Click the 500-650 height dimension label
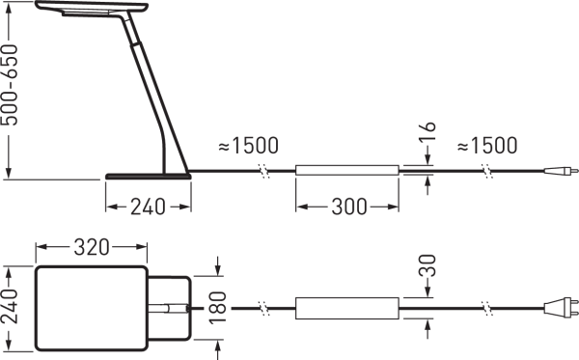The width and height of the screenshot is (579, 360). (10, 85)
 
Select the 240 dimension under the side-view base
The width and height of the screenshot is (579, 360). (148, 207)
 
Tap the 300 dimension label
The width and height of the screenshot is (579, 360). (349, 207)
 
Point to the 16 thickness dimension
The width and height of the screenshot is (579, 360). (427, 131)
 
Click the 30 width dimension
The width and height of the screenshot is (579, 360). (427, 265)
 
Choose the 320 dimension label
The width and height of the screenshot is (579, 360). (92, 247)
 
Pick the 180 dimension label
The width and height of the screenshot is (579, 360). (217, 308)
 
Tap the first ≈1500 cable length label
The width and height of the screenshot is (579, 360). (249, 146)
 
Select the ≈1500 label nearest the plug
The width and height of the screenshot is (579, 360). (487, 146)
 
